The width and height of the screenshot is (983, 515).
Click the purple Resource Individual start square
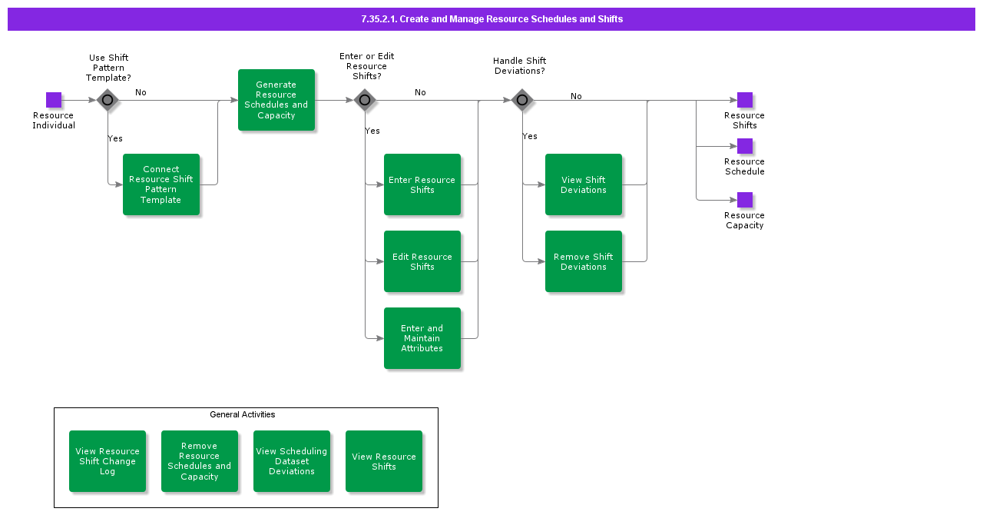[54, 100]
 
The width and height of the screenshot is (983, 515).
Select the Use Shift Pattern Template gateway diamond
[108, 100]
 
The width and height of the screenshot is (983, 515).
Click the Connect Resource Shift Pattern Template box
[161, 184]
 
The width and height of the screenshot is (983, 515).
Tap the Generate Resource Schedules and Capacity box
[276, 100]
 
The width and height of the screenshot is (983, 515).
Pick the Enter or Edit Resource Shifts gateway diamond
[365, 100]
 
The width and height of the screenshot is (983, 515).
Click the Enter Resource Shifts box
[422, 184]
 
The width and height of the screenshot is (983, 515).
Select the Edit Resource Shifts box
[422, 261]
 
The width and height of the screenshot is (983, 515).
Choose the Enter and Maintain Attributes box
[422, 338]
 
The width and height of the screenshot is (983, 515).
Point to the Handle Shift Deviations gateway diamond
[522, 100]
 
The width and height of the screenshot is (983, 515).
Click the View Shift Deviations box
[584, 184]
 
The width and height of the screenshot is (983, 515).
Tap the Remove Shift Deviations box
[584, 261]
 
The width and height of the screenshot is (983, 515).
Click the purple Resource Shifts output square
[745, 100]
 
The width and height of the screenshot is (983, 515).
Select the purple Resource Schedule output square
[745, 146]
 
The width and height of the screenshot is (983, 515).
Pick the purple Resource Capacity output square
[745, 200]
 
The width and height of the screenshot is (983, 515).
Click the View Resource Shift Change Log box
[108, 461]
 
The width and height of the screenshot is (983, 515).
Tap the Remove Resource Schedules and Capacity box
[200, 461]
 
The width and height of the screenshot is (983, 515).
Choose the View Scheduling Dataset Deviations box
[292, 461]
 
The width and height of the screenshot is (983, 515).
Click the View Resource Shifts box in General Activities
[384, 461]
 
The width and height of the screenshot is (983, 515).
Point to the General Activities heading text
[243, 414]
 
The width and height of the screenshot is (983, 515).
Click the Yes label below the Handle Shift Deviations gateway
[530, 136]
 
